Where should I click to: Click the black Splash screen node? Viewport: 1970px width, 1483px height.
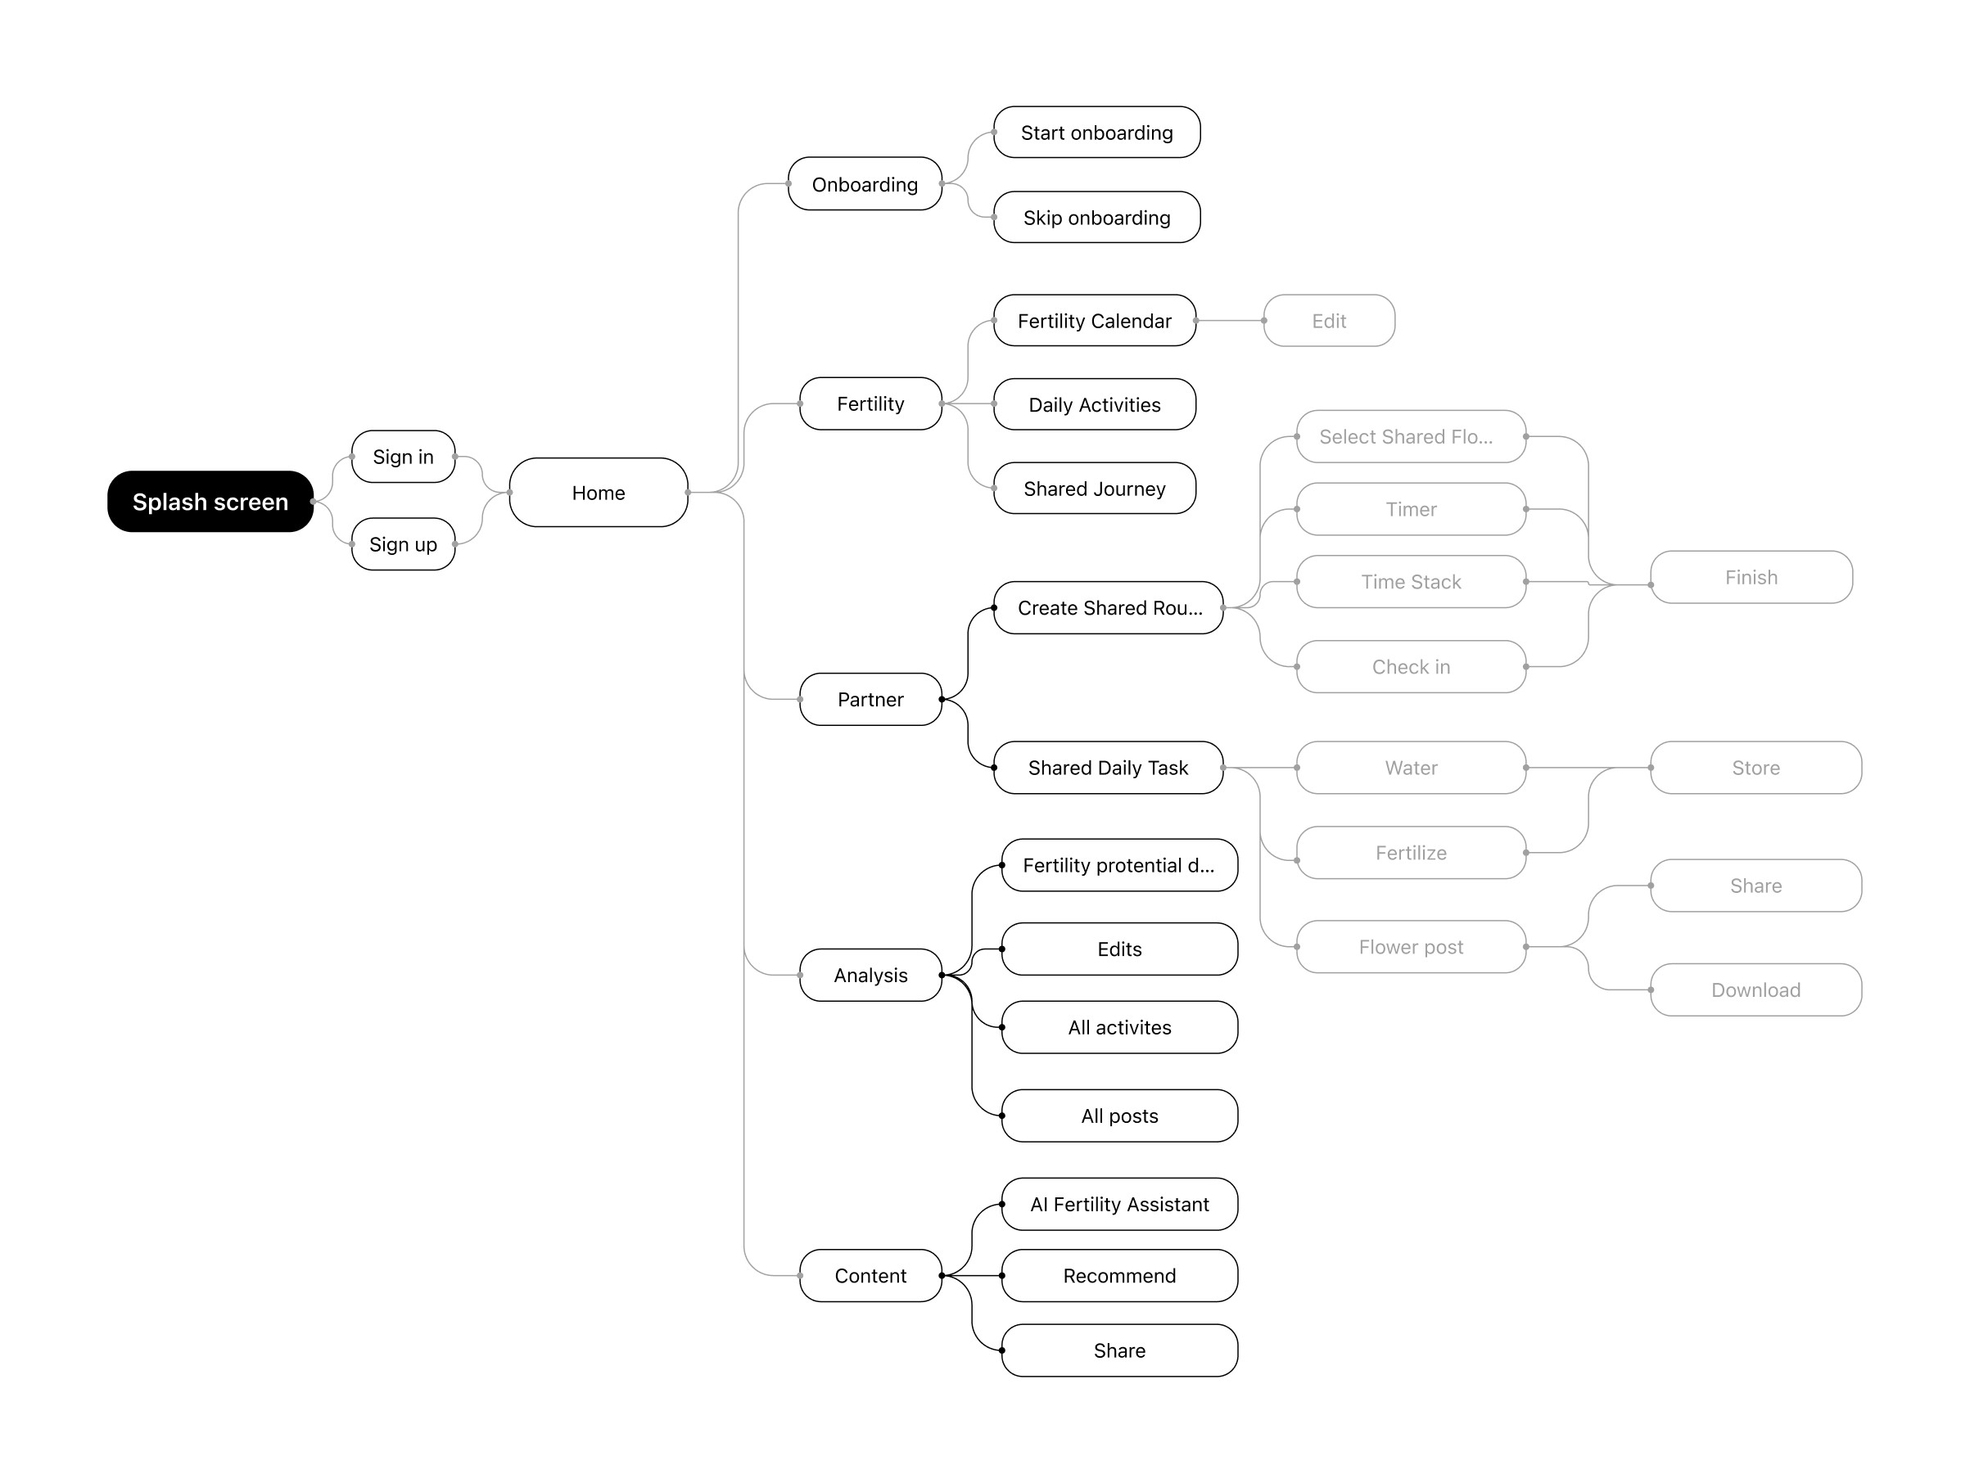coord(210,501)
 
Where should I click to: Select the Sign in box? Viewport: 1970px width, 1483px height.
coord(403,457)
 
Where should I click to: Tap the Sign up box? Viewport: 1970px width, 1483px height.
coord(403,544)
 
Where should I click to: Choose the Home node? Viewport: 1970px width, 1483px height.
coord(598,492)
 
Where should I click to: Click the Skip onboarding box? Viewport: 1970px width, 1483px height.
coord(1096,217)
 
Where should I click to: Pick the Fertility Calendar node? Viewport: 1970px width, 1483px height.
coord(1094,321)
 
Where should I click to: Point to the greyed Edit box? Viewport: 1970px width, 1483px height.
coord(1328,321)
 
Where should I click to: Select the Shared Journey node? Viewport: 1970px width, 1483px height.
coord(1094,488)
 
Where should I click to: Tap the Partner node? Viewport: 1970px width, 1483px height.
coord(870,699)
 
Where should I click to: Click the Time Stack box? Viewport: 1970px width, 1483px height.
coord(1410,581)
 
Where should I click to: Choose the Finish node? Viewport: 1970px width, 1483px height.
coord(1750,577)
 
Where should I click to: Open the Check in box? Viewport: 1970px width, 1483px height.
coord(1410,667)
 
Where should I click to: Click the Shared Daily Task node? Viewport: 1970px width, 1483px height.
coord(1107,768)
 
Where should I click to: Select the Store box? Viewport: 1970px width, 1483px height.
coord(1755,768)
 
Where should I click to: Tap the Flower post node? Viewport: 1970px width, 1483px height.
coord(1410,946)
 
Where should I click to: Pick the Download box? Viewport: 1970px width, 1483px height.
coord(1755,989)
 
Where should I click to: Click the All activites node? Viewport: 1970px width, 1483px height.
coord(1118,1027)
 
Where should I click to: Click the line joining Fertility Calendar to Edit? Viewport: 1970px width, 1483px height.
coord(1229,321)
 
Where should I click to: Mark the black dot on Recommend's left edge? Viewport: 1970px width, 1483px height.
coord(1002,1276)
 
